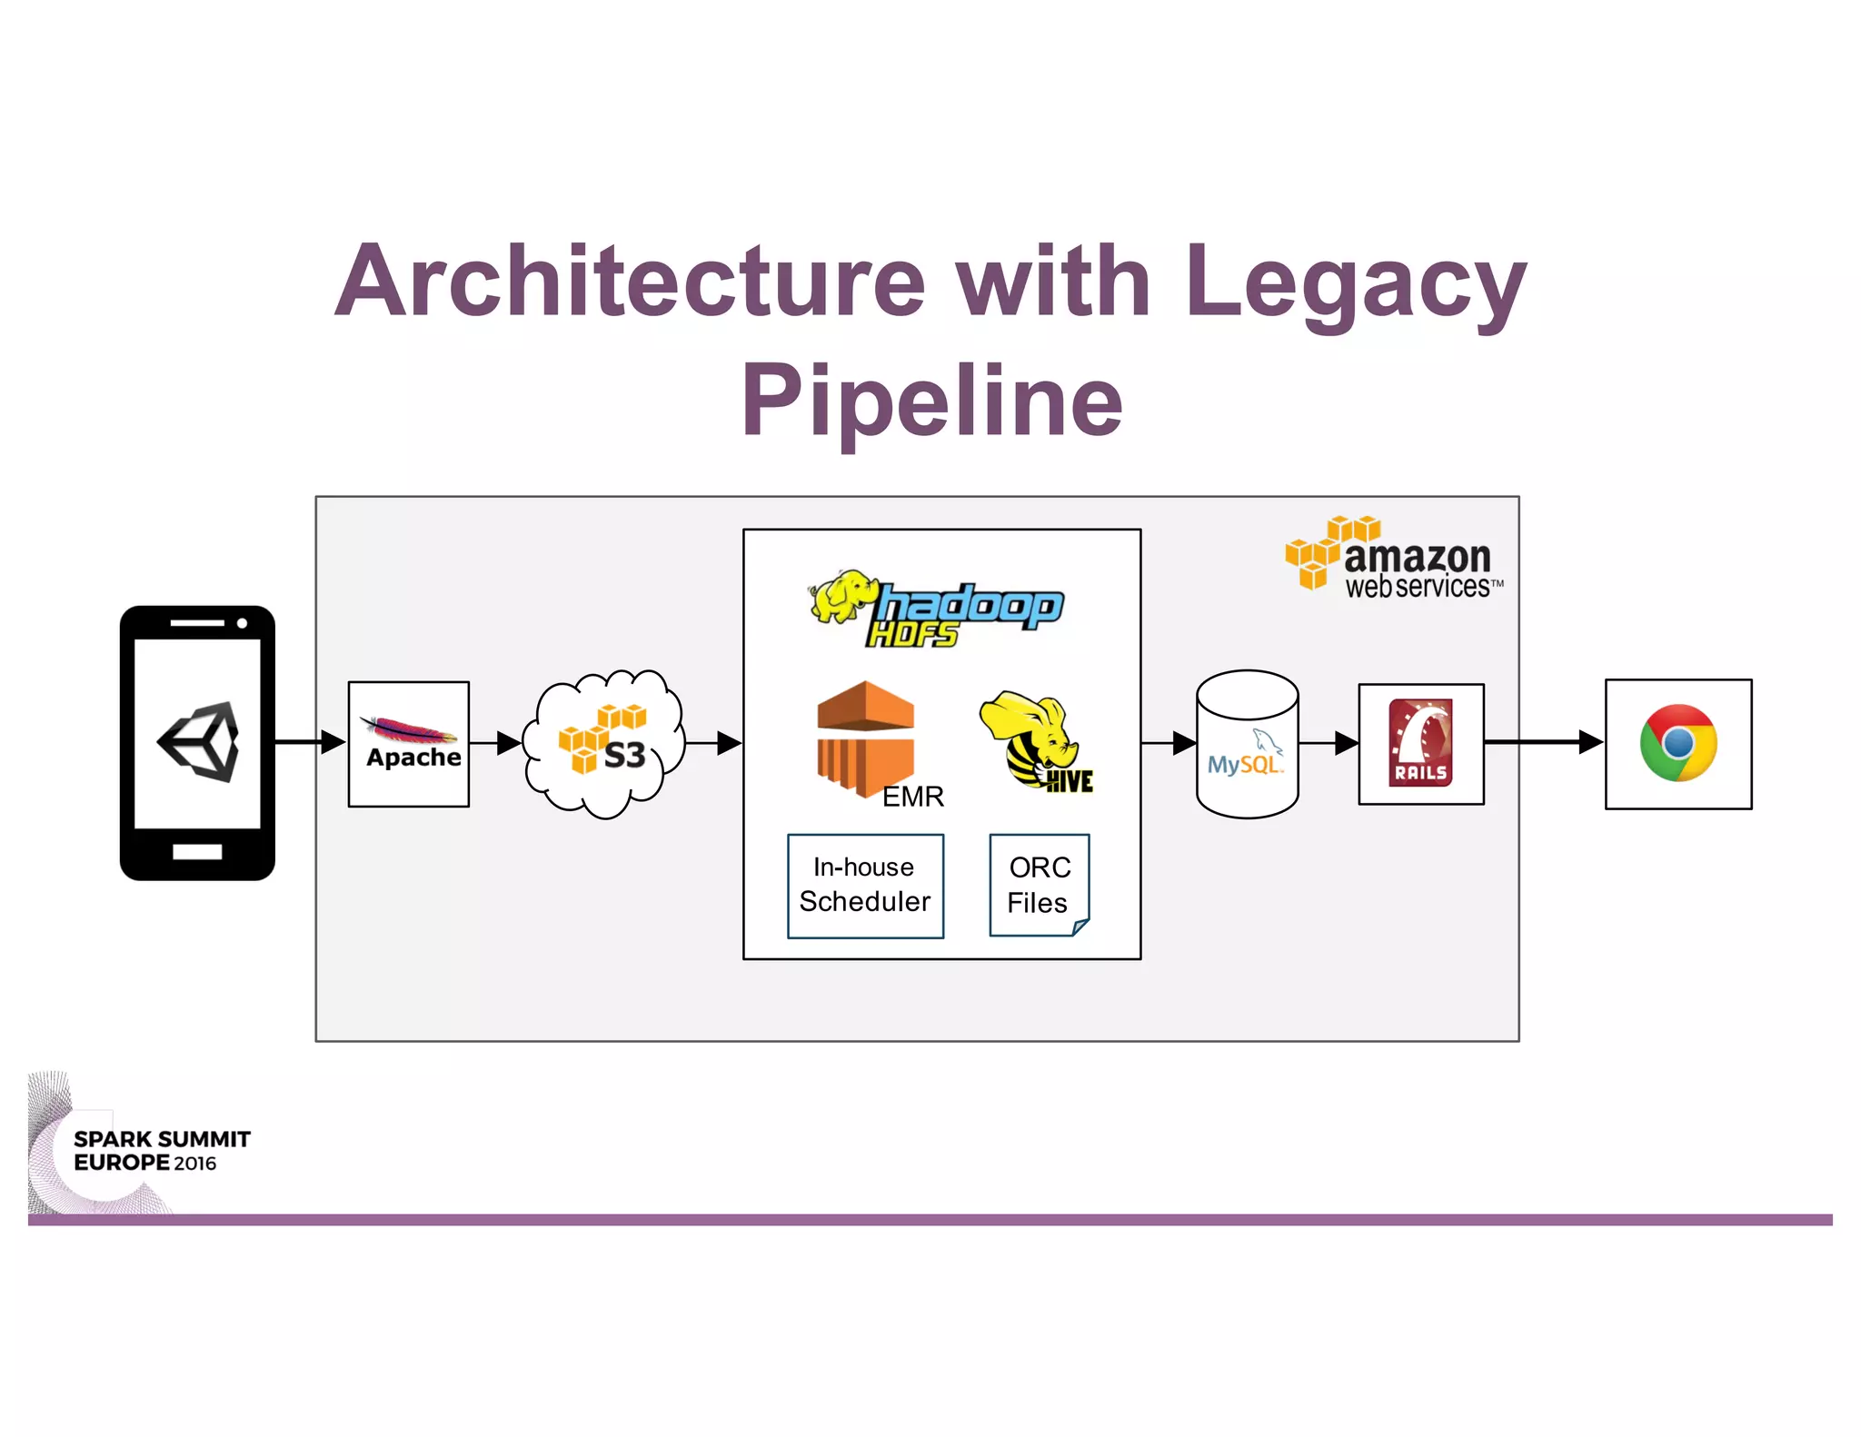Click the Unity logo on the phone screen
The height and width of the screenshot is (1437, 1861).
click(x=199, y=741)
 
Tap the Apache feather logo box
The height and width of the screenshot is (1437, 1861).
click(x=409, y=743)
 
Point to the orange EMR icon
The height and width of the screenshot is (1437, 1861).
click(x=865, y=738)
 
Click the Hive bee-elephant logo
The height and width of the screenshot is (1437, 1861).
click(x=1036, y=741)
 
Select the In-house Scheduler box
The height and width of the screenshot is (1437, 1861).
click(x=865, y=885)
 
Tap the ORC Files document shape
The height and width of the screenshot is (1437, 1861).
click(x=1039, y=885)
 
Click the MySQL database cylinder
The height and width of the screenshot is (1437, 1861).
click(x=1247, y=745)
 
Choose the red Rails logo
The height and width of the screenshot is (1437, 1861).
click(x=1420, y=743)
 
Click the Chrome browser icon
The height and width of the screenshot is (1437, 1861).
click(x=1677, y=743)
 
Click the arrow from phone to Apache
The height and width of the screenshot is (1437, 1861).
click(x=309, y=742)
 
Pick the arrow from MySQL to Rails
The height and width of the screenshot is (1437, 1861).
click(x=1328, y=743)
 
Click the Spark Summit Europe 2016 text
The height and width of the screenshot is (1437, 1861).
click(x=162, y=1151)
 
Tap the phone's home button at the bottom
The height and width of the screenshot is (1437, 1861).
click(x=197, y=851)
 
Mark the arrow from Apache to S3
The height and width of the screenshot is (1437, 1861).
click(x=496, y=743)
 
